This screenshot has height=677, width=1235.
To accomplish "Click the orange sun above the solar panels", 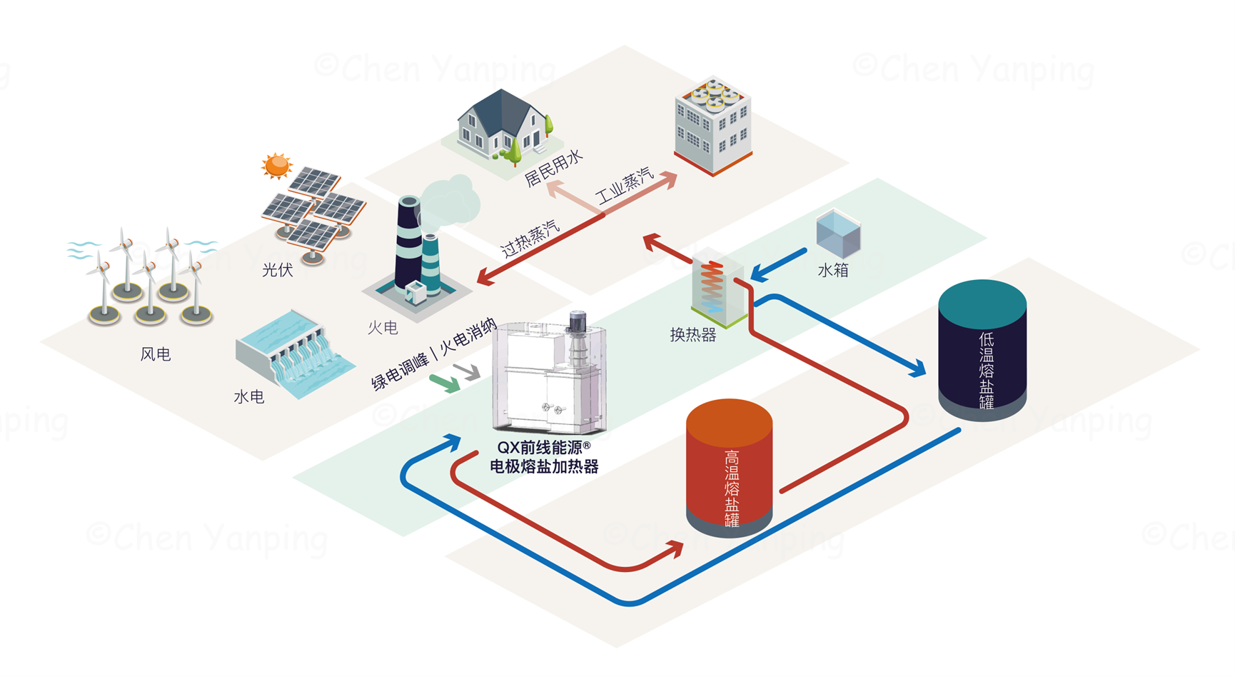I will pyautogui.click(x=276, y=166).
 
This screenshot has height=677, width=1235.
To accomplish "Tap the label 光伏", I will pyautogui.click(x=278, y=269).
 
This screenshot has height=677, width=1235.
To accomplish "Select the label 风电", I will pyautogui.click(x=156, y=353).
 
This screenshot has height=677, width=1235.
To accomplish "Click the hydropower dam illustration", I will pyautogui.click(x=295, y=353).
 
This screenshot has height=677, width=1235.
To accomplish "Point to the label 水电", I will pyautogui.click(x=249, y=396).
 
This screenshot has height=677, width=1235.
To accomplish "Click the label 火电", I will pyautogui.click(x=383, y=327).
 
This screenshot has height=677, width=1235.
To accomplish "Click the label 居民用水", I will pyautogui.click(x=554, y=169).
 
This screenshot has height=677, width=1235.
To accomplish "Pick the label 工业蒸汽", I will pyautogui.click(x=625, y=186).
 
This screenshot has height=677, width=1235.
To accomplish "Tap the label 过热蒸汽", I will pyautogui.click(x=530, y=239).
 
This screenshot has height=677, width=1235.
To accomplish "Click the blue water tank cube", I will pyautogui.click(x=838, y=233).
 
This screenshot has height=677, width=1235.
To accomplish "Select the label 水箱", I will pyautogui.click(x=832, y=270).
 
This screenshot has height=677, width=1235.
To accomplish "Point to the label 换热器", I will pyautogui.click(x=692, y=334).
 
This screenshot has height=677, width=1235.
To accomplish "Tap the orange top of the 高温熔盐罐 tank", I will pyautogui.click(x=729, y=420).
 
